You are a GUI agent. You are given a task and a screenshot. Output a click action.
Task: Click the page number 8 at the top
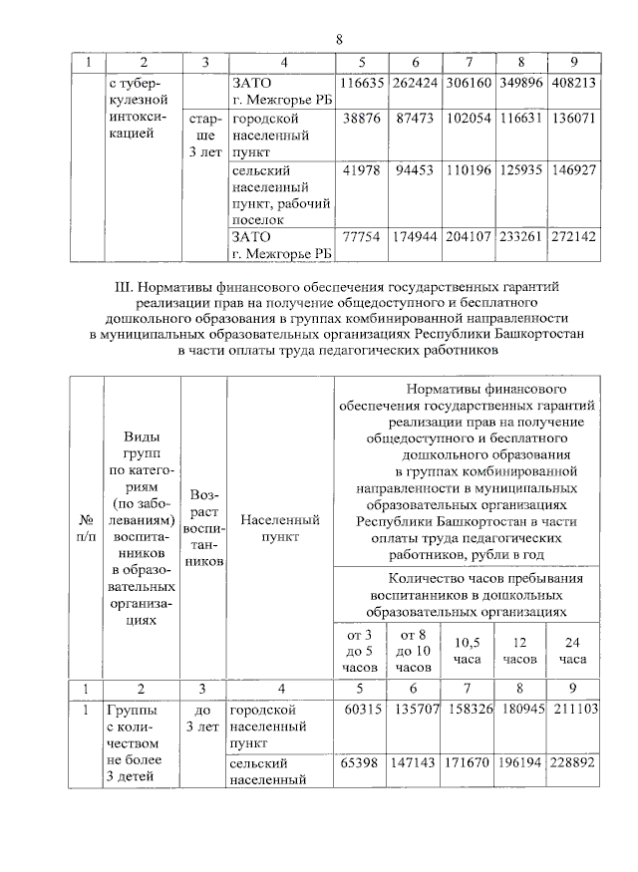click(338, 39)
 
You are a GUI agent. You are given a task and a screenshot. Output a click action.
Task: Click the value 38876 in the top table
click(364, 117)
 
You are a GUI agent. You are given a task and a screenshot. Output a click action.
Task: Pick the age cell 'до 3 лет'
click(202, 719)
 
